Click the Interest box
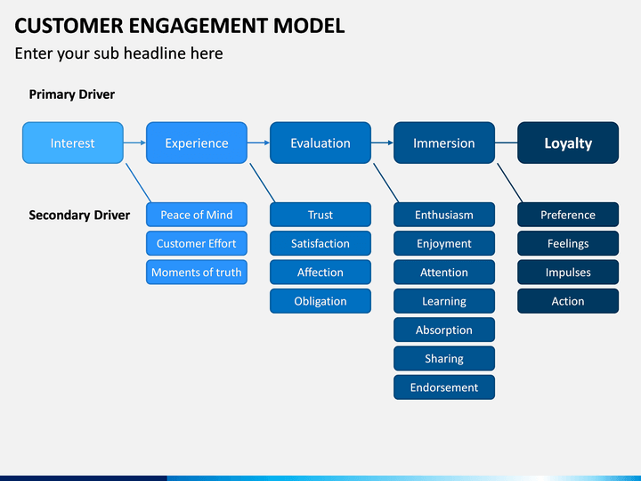73,143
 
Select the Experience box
197,143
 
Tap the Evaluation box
320,143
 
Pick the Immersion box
444,143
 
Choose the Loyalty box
568,143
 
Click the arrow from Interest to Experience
135,143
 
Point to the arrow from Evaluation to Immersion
382,143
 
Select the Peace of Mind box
197,215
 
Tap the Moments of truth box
197,272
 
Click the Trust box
320,215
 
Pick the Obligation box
320,301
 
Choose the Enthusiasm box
444,215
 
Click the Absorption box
444,330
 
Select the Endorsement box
444,387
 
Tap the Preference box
568,215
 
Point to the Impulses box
568,272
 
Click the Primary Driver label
72,94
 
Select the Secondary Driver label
79,216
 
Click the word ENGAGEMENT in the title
198,25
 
